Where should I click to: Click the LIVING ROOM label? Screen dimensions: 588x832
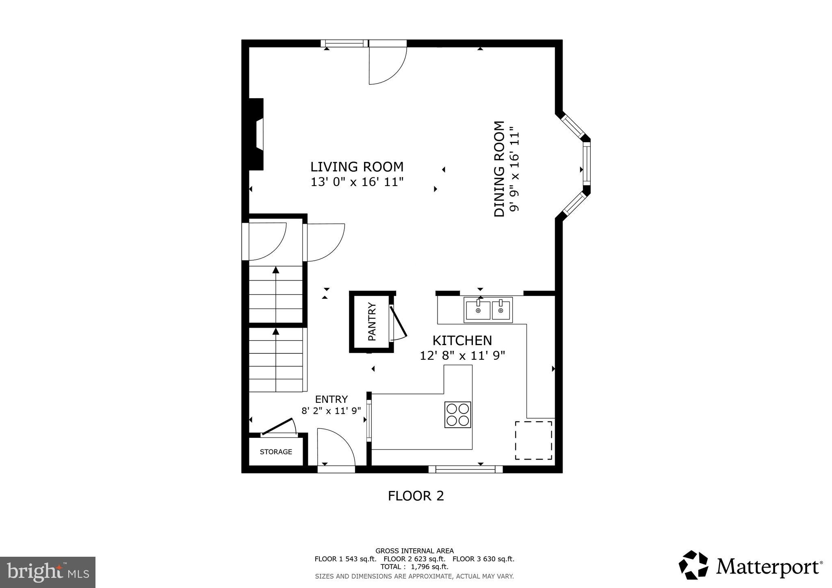pos(357,167)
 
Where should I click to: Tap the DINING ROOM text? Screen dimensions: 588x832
pos(499,169)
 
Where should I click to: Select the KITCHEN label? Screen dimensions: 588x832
pos(462,340)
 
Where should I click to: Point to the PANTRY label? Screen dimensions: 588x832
pos(372,322)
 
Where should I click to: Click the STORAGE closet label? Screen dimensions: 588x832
pos(276,452)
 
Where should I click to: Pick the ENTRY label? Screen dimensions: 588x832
pos(331,399)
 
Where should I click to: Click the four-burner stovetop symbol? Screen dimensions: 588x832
pos(457,414)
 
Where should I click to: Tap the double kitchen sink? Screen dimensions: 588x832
pos(488,310)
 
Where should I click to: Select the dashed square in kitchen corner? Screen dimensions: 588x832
pos(533,440)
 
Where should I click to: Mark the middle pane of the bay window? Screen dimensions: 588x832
pos(586,164)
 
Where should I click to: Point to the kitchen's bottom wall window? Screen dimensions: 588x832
pos(466,469)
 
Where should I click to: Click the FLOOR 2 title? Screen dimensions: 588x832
pos(416,496)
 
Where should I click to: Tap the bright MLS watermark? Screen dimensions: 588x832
pos(48,572)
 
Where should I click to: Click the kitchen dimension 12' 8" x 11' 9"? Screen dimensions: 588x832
pos(462,356)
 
